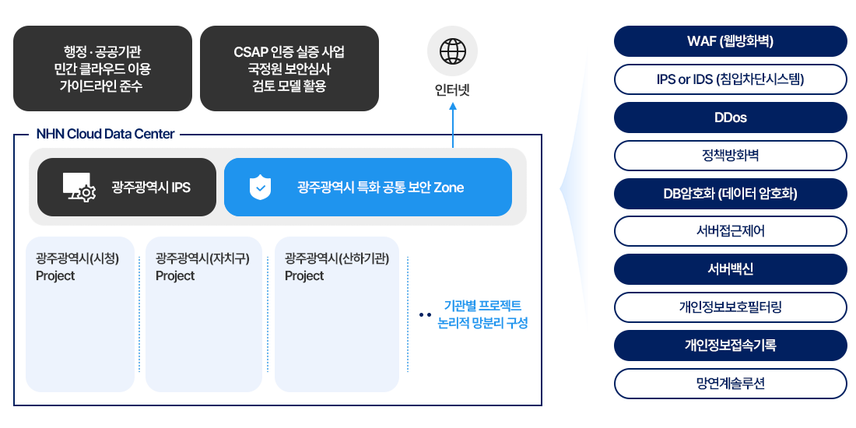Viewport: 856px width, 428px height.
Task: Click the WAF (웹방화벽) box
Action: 729,40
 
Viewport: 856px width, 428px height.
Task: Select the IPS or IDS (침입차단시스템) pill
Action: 729,79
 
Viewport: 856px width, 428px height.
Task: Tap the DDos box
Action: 729,118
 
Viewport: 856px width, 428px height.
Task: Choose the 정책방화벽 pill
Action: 729,156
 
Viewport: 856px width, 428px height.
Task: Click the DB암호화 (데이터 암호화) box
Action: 729,194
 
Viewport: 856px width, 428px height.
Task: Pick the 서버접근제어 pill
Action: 729,231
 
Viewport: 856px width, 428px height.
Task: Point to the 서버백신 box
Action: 729,269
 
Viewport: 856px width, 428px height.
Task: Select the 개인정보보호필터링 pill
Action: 729,307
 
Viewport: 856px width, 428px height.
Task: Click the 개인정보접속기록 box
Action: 729,345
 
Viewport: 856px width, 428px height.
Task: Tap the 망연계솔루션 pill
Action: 729,384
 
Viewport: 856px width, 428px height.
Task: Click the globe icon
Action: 452,51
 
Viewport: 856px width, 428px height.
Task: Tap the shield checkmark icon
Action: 260,188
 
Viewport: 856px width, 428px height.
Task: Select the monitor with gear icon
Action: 79,188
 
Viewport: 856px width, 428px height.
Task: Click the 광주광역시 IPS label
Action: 151,188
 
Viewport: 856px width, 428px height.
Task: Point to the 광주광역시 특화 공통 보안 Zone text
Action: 381,188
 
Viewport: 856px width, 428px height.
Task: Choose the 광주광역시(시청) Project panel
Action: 80,314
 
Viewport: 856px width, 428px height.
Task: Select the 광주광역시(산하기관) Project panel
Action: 336,314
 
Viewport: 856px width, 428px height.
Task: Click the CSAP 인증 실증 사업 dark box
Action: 289,68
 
